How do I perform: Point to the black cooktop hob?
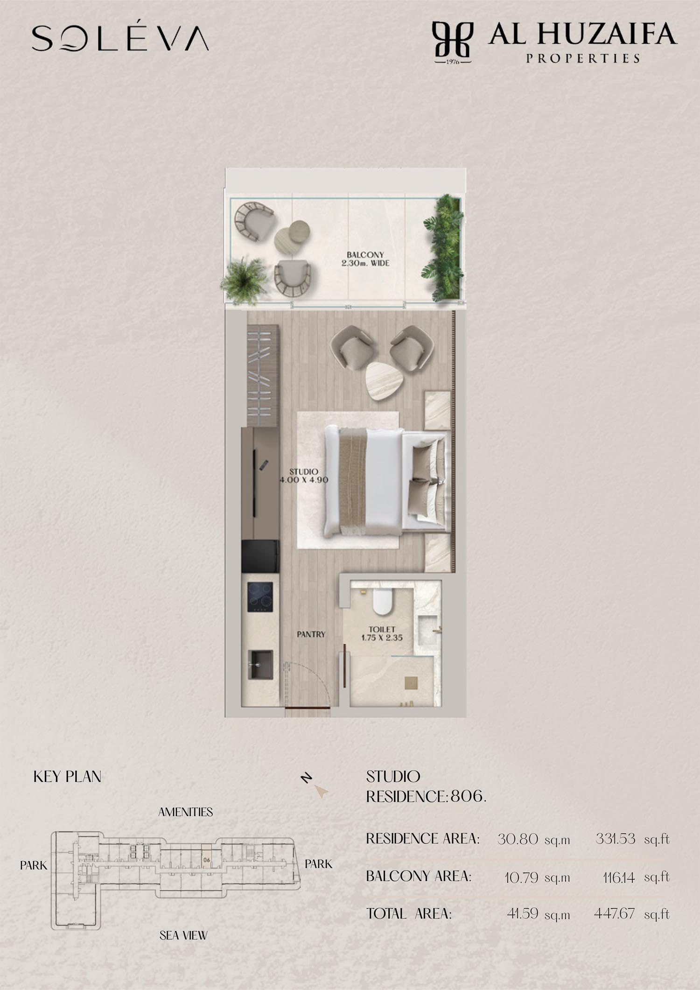tap(260, 597)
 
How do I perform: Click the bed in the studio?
tap(385, 481)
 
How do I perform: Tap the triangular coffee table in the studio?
tap(385, 380)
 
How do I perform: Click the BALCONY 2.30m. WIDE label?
tap(365, 259)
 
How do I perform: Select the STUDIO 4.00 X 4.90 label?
tap(304, 476)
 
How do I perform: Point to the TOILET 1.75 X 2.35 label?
tap(382, 633)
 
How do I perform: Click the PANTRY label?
tap(311, 634)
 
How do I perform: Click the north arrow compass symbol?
tap(315, 785)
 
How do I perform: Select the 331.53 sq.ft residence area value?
tap(632, 839)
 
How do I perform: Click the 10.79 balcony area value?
tap(521, 878)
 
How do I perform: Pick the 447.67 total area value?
tap(614, 913)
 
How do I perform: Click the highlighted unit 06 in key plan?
tap(206, 859)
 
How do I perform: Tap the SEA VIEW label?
tap(183, 935)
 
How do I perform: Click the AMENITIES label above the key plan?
tap(186, 812)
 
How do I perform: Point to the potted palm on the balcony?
tap(244, 281)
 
